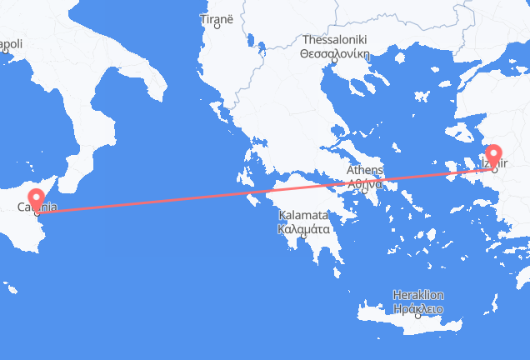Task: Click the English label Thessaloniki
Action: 333,39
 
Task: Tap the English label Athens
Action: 364,171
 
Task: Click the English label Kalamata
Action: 303,214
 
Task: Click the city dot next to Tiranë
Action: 217,26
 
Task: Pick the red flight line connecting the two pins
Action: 250,192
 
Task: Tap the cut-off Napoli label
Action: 10,43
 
